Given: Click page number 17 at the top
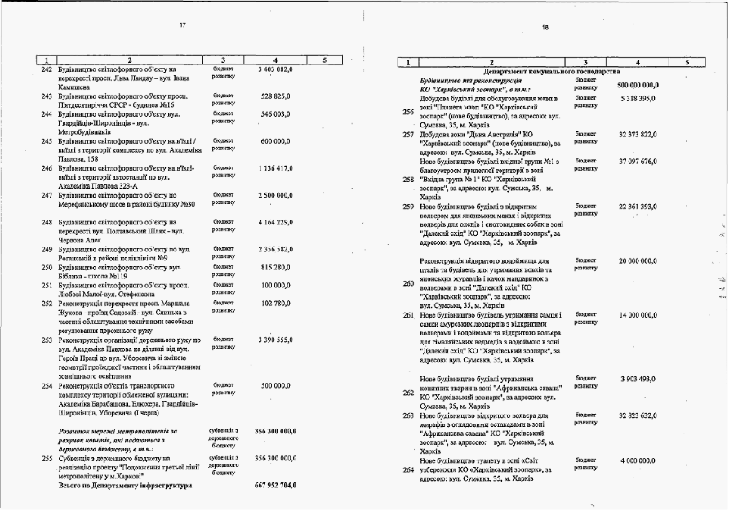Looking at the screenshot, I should tap(182, 25).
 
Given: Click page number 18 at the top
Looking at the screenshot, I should tap(545, 28).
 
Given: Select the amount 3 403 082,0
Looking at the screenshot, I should tap(275, 70).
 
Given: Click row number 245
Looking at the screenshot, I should tap(47, 141).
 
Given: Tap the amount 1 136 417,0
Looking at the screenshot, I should tap(275, 169).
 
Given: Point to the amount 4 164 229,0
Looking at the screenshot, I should tap(275, 222).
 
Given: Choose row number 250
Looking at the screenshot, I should tap(47, 267).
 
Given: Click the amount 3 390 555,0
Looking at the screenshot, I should tap(275, 339).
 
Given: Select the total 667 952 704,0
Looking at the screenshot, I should tap(275, 486).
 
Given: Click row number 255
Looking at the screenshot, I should tap(47, 459).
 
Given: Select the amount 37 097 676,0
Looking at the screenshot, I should tap(638, 161).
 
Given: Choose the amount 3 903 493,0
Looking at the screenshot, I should tap(638, 379).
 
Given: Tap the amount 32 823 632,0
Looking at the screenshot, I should tap(638, 415).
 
